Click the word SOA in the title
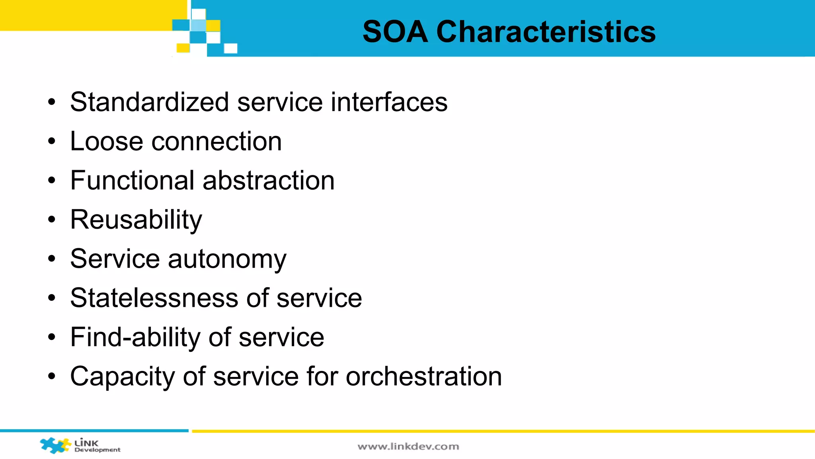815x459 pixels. pyautogui.click(x=395, y=32)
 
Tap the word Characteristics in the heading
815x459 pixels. pyautogui.click(x=546, y=32)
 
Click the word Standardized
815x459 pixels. pyautogui.click(x=149, y=102)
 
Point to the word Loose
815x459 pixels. pyautogui.click(x=106, y=141)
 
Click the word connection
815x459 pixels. pyautogui.click(x=216, y=141)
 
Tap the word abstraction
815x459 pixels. pyautogui.click(x=269, y=180)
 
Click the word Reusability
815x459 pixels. pyautogui.click(x=136, y=220)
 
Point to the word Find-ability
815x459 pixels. pyautogui.click(x=135, y=337)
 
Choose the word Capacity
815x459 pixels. pyautogui.click(x=122, y=377)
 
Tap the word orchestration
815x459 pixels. pyautogui.click(x=423, y=377)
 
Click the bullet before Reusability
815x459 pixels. pyautogui.click(x=52, y=220)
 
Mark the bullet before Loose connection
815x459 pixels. pyautogui.click(x=52, y=141)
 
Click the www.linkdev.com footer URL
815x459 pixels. pyautogui.click(x=408, y=447)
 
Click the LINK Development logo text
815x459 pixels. pyautogui.click(x=97, y=446)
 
